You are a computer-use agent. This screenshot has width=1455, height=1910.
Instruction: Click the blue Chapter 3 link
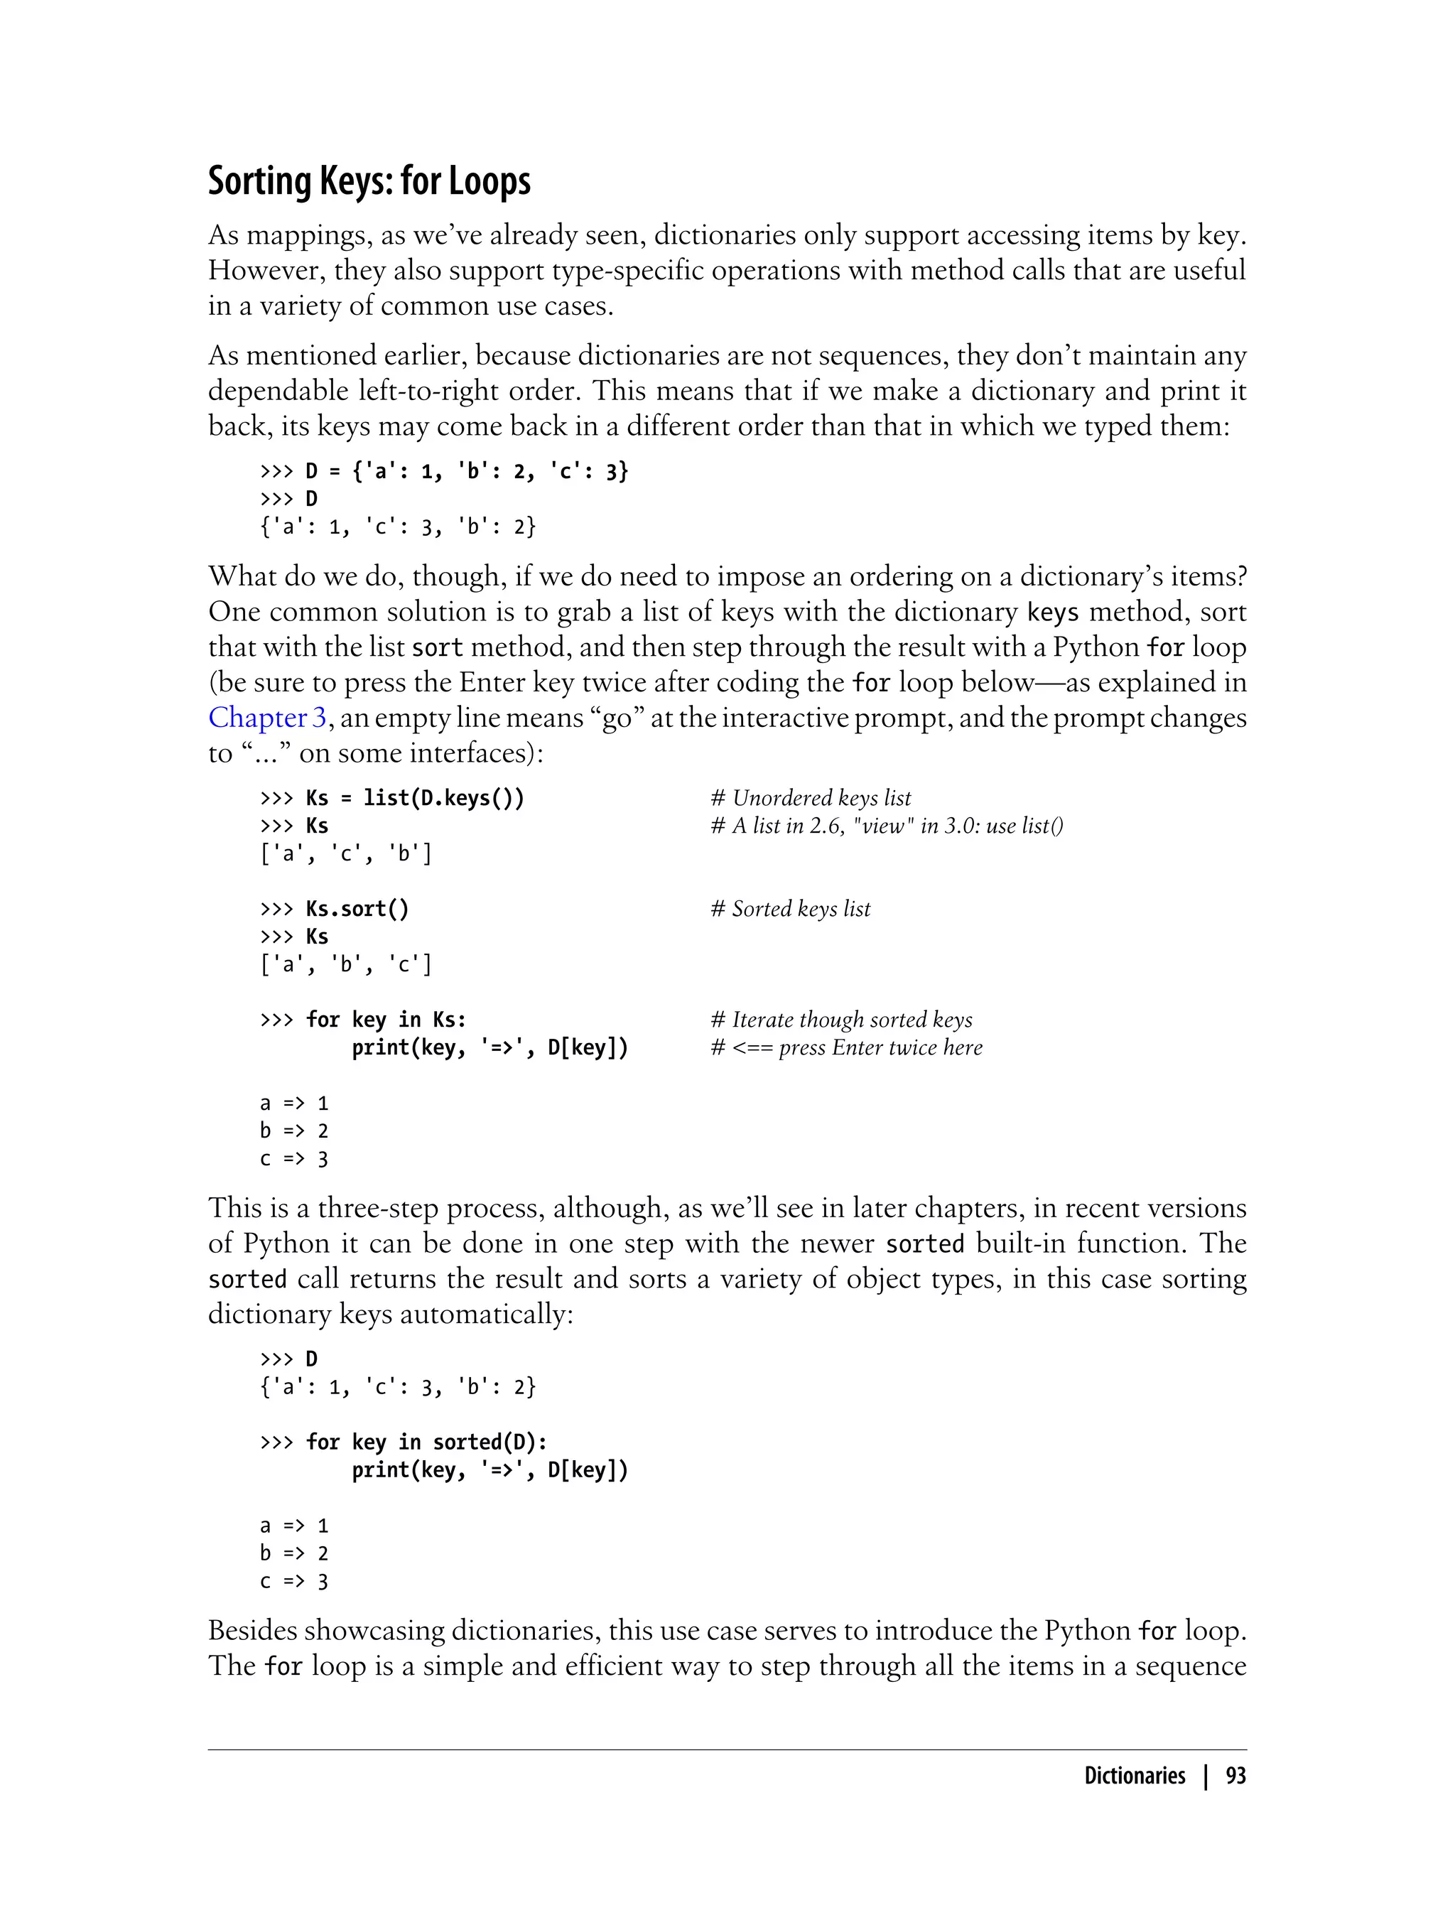(x=266, y=718)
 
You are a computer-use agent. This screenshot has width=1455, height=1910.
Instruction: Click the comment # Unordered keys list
(x=811, y=798)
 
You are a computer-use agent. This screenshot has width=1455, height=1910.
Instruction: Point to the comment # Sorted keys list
(x=790, y=909)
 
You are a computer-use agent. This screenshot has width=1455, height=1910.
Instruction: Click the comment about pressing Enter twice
(x=846, y=1047)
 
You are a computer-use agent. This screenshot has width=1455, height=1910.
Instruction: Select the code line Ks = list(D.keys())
(x=414, y=798)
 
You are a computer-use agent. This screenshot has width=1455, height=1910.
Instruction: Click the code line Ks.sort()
(x=356, y=909)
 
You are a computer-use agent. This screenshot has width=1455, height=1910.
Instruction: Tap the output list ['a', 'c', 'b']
(x=345, y=853)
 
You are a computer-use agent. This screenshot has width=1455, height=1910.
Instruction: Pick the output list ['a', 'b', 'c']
(x=345, y=964)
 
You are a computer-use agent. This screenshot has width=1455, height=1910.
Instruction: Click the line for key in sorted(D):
(x=426, y=1442)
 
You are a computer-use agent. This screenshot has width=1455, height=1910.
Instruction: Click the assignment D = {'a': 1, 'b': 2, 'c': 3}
(x=466, y=471)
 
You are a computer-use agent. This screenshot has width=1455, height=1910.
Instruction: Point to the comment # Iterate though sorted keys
(x=841, y=1020)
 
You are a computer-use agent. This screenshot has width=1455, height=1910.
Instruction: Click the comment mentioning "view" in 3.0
(x=887, y=826)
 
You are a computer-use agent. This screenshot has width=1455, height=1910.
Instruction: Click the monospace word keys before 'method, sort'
(x=1052, y=613)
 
